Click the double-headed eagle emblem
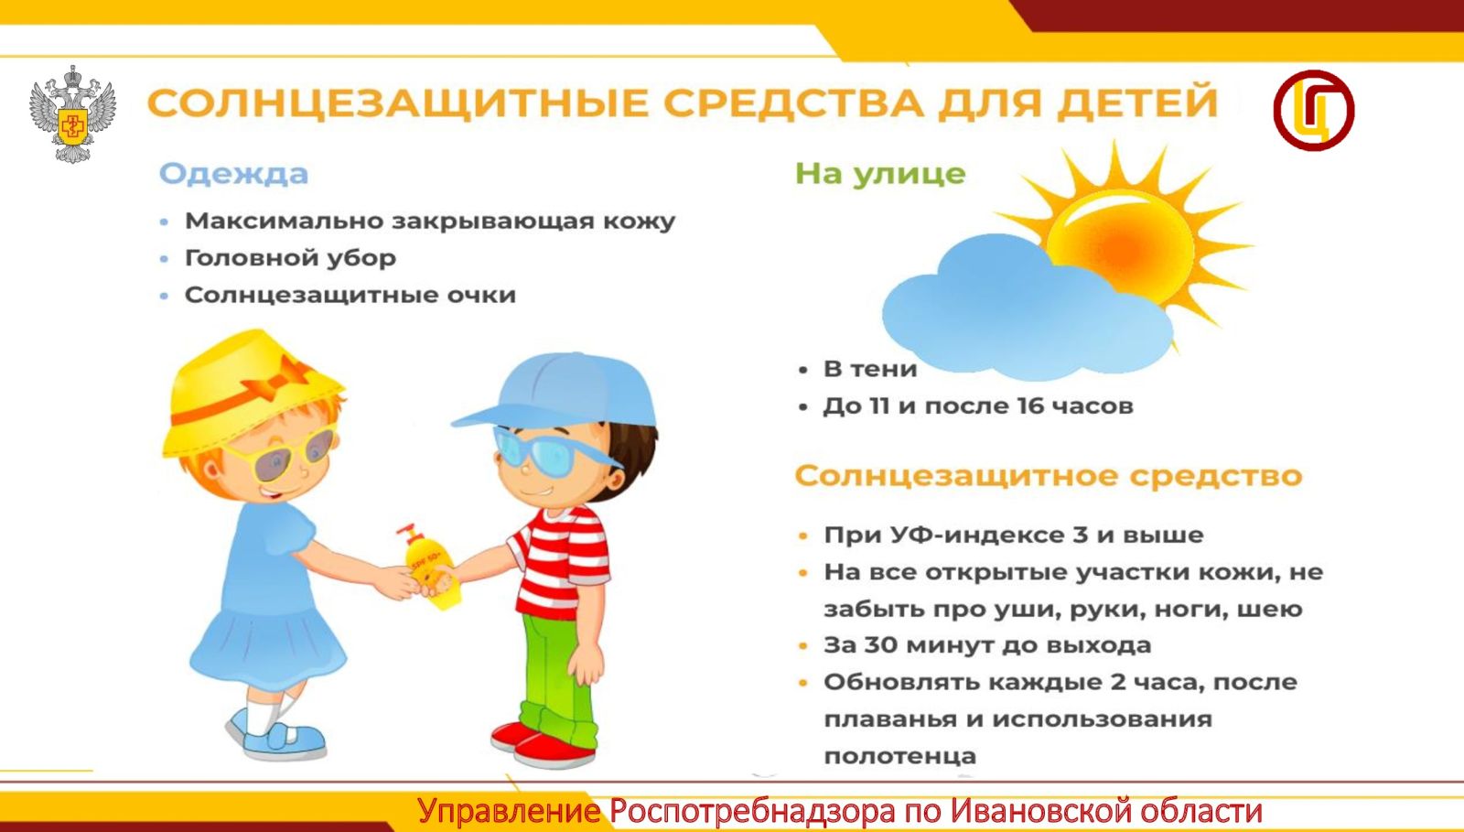tap(72, 113)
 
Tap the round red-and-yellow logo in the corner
tap(1314, 111)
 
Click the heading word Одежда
tap(233, 175)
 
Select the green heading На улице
tap(879, 174)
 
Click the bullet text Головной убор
tap(290, 258)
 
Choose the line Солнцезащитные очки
tap(350, 295)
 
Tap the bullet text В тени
tap(870, 369)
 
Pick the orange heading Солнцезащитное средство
tap(1049, 476)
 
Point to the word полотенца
tap(900, 756)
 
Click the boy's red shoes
tap(544, 745)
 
